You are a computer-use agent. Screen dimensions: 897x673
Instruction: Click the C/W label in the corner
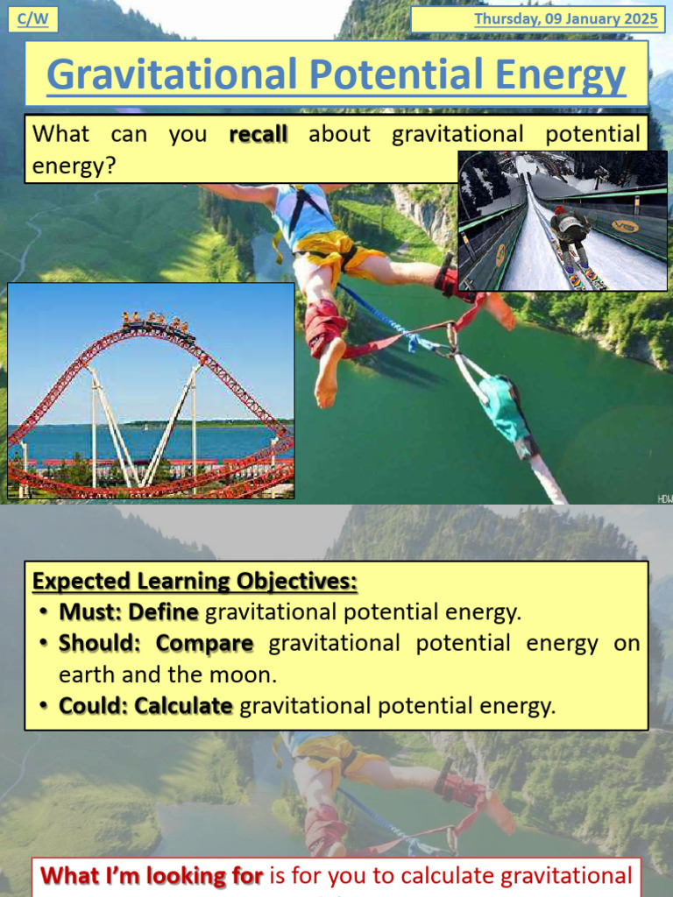32,19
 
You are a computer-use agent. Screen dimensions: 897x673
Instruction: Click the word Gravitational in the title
171,76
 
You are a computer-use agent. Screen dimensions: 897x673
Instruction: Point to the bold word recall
258,135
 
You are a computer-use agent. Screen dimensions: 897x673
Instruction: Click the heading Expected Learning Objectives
195,582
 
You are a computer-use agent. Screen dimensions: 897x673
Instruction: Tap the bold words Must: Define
128,611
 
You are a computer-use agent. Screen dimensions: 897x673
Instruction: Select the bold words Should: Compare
156,643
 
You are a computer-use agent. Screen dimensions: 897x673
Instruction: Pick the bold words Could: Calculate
145,706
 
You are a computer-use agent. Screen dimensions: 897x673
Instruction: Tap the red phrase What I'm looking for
152,875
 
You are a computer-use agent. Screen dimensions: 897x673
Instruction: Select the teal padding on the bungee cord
506,408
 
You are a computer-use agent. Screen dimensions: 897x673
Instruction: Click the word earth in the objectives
84,675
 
